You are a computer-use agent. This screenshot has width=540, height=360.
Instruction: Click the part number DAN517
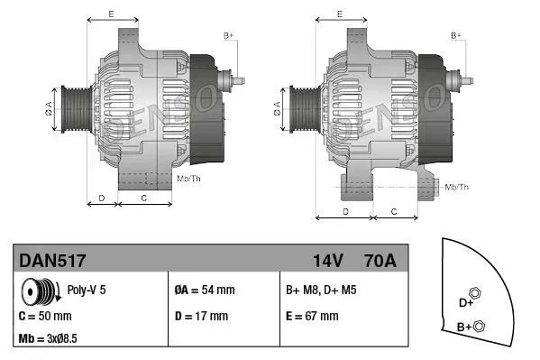[53, 261]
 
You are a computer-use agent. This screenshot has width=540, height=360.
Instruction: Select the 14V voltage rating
[327, 261]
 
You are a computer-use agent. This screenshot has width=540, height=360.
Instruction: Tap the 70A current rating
[379, 261]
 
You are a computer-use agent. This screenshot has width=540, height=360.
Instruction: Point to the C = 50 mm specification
[45, 316]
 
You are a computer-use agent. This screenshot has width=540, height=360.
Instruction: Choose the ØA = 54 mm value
[204, 291]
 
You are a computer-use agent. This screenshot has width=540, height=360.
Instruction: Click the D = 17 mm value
[200, 316]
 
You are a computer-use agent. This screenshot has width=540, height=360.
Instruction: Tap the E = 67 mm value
[312, 316]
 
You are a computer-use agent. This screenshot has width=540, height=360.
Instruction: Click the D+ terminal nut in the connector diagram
[475, 294]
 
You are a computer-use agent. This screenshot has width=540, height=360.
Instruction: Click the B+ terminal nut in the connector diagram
[480, 326]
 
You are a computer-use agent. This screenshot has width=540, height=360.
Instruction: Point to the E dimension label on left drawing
[111, 14]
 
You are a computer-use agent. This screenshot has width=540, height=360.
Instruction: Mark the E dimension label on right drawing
[339, 14]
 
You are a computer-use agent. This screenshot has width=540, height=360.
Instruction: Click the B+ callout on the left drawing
[228, 35]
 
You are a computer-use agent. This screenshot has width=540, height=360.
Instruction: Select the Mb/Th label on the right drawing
[457, 187]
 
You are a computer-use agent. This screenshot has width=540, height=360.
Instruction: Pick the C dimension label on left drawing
[144, 197]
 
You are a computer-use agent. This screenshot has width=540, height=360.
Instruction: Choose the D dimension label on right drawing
[345, 210]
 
